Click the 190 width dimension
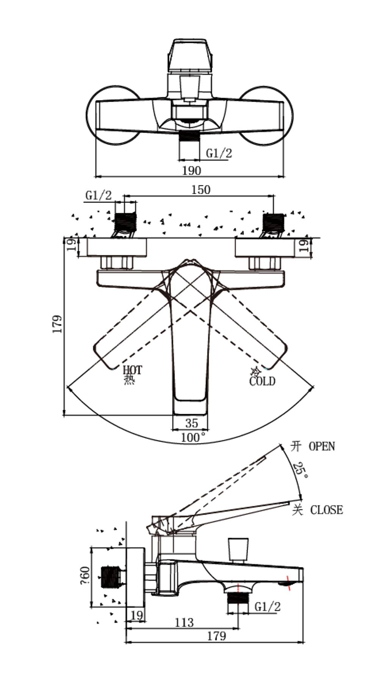[x=191, y=171]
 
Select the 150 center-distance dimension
[x=200, y=190]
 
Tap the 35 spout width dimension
[x=192, y=423]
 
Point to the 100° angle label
[x=193, y=437]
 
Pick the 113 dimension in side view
[x=184, y=622]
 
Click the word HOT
[x=132, y=370]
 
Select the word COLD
[x=262, y=381]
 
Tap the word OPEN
[x=322, y=446]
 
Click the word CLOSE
[x=326, y=510]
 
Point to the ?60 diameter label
[x=85, y=576]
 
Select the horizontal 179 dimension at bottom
[x=216, y=636]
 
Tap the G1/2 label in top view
[x=219, y=153]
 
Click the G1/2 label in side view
[x=268, y=606]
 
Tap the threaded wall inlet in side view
[x=111, y=577]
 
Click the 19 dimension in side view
[x=136, y=615]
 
